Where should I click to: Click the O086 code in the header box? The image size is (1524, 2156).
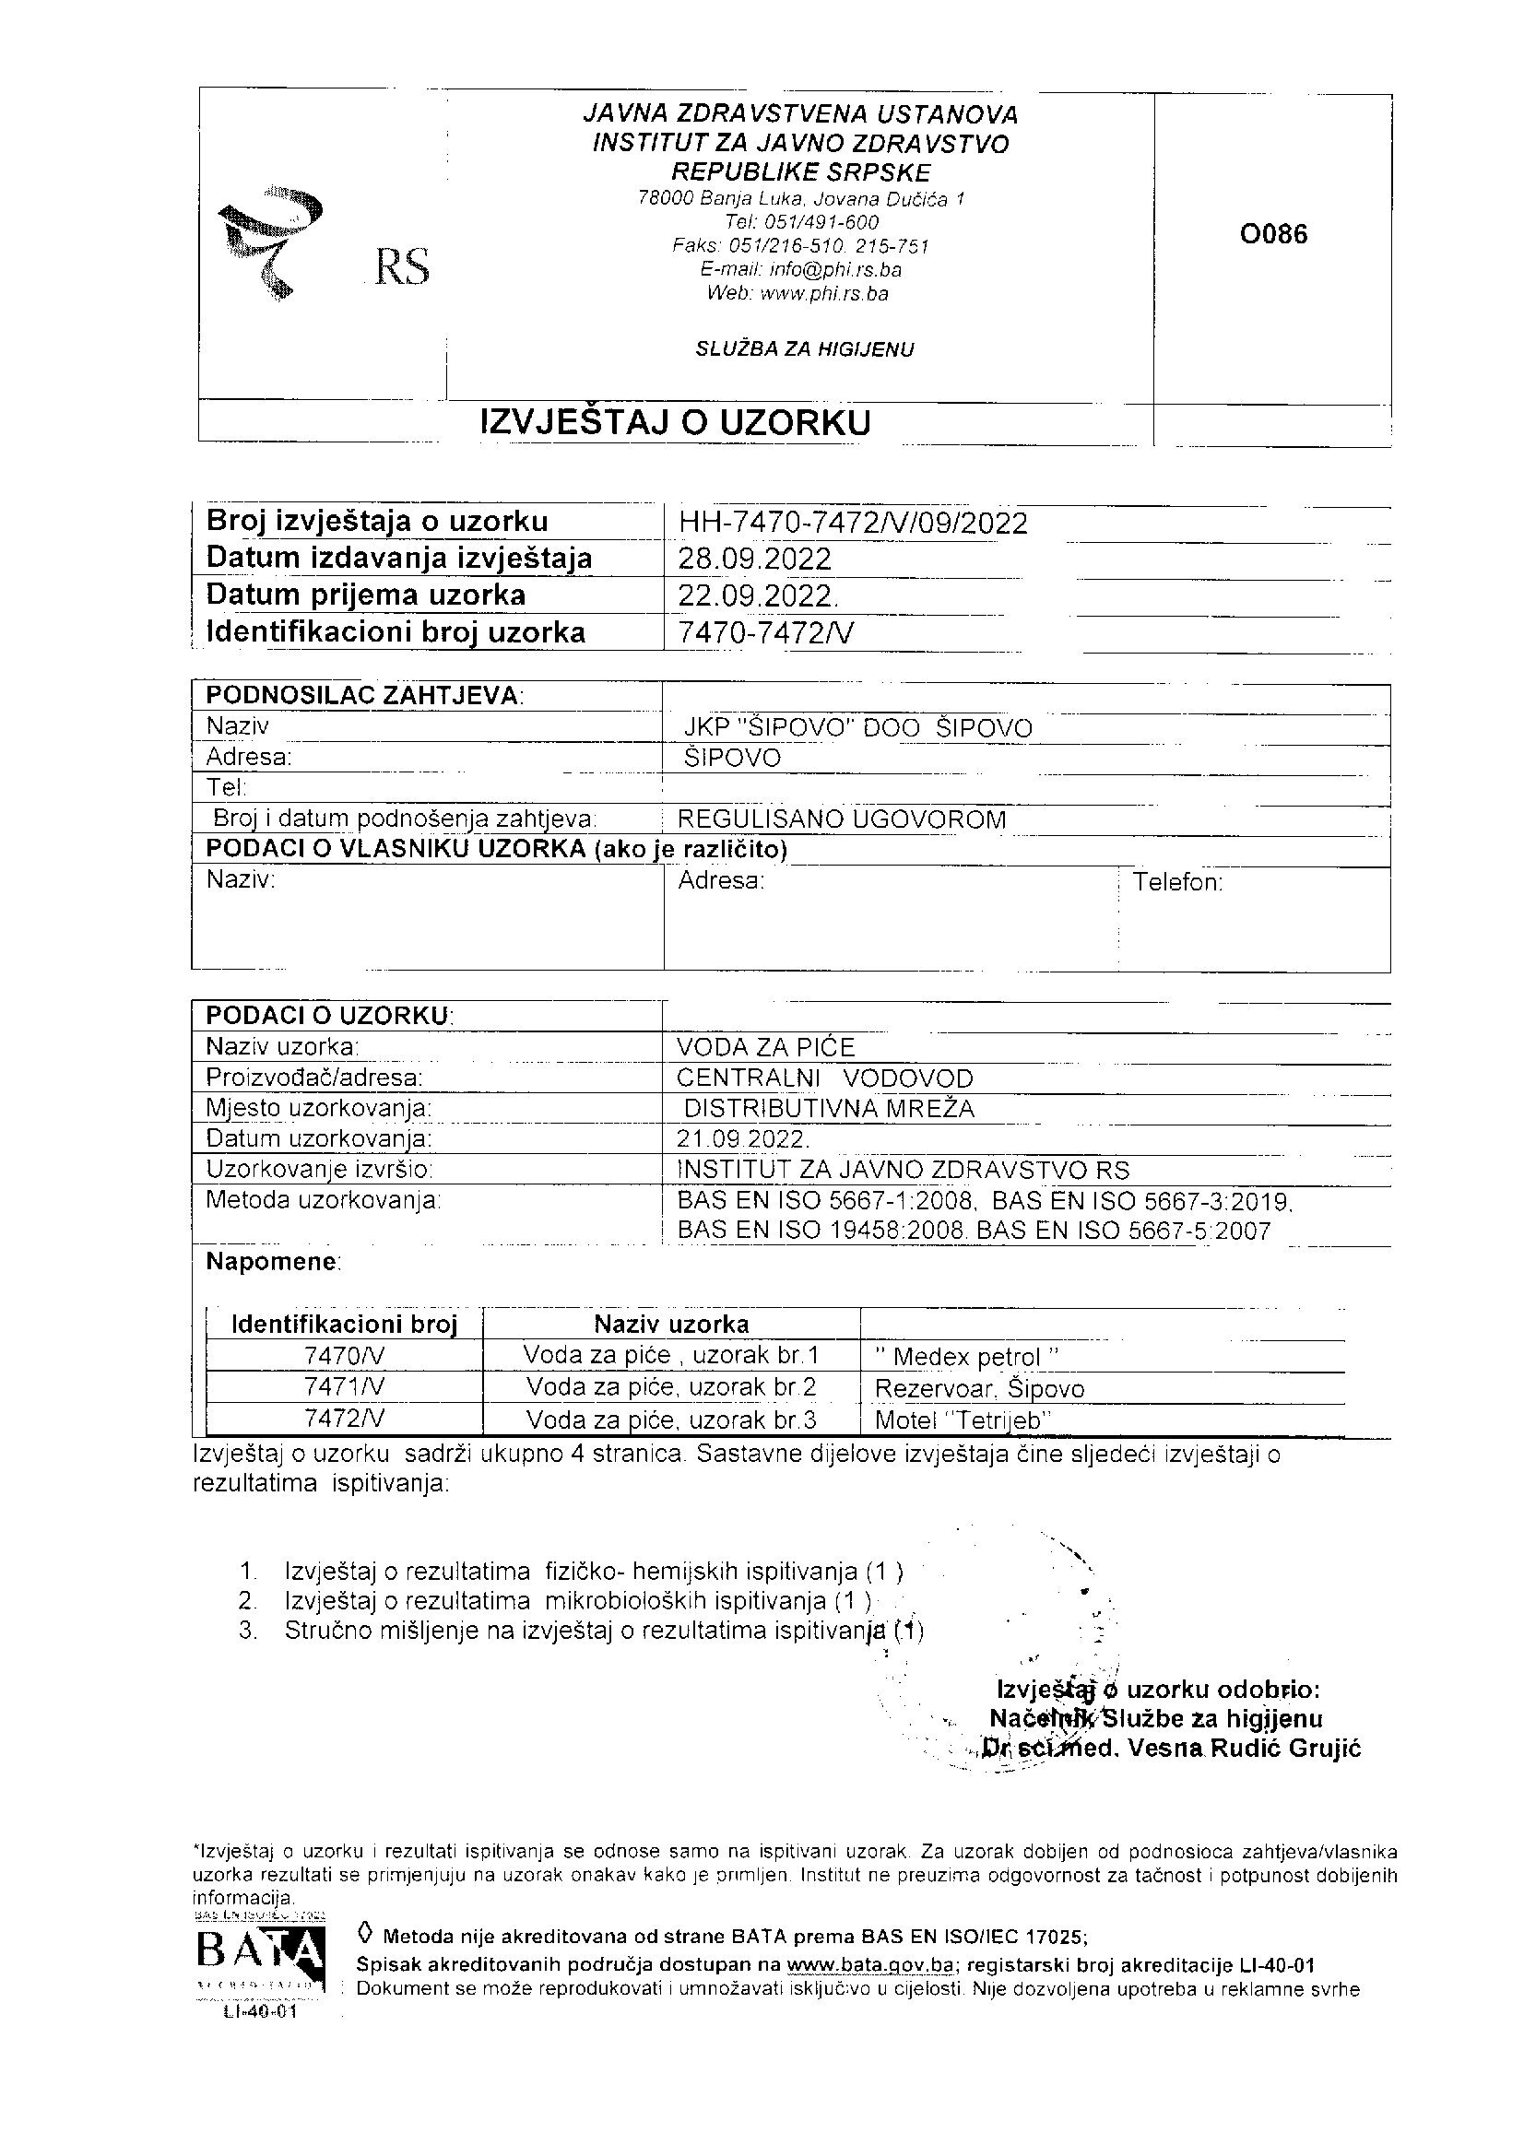[x=1273, y=234]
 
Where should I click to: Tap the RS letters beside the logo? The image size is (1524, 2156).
[x=402, y=266]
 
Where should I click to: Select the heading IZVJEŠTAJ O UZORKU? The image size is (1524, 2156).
[x=675, y=422]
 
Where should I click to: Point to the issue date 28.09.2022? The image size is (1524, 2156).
[x=754, y=559]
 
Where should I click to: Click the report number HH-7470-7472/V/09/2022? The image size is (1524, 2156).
[x=852, y=522]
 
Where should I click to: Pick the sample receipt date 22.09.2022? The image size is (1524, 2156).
[x=756, y=595]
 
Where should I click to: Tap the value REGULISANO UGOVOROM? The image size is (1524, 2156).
[x=842, y=819]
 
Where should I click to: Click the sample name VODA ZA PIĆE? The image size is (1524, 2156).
[x=766, y=1047]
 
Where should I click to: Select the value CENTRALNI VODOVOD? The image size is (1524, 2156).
[x=825, y=1078]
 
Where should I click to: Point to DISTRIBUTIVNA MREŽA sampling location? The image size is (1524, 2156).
[x=829, y=1109]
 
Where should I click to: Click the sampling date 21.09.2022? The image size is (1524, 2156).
[x=742, y=1139]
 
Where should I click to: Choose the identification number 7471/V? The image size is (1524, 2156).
[x=345, y=1387]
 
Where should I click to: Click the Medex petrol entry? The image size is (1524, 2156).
[x=966, y=1357]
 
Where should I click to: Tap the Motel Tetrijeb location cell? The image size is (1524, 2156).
[x=963, y=1419]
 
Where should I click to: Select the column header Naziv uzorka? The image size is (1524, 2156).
[x=671, y=1324]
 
